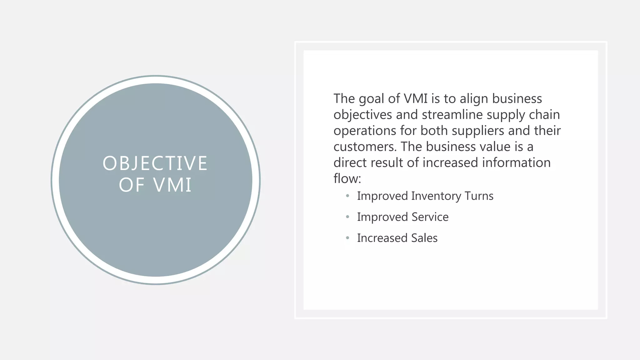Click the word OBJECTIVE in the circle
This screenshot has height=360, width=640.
pos(155,163)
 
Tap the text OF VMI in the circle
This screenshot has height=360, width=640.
pos(155,185)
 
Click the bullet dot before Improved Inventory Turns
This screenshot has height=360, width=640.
pos(347,196)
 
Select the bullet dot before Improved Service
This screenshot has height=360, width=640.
pos(347,217)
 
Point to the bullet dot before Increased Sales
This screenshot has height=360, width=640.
pos(347,238)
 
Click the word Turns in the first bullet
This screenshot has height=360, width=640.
pos(479,196)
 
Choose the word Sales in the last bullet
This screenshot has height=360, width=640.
pos(424,238)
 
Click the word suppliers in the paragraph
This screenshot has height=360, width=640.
pos(478,131)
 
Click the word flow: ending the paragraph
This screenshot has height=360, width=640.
pos(347,179)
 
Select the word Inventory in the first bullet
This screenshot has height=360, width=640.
pos(436,196)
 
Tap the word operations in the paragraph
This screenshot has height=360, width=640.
pos(364,131)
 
